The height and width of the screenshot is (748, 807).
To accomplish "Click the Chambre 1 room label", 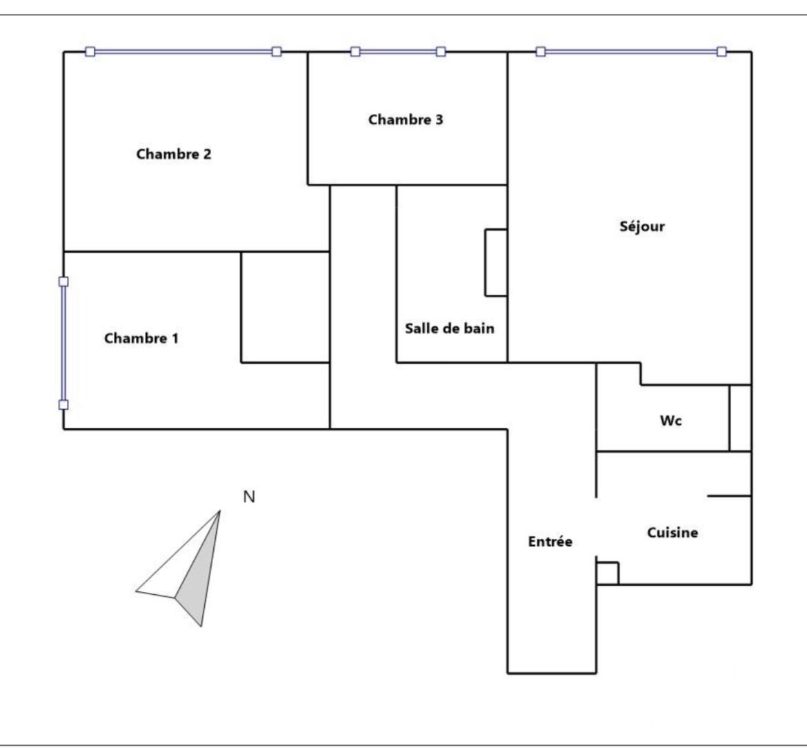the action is pos(141,338).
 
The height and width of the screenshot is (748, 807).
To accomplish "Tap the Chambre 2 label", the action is pos(173,154).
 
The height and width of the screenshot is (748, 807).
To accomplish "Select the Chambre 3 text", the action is pos(406,119).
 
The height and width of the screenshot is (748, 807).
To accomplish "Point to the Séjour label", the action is pos(641,226).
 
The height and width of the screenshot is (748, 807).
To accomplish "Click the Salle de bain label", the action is pos(449,328).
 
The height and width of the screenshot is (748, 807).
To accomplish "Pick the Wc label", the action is pos(670,421).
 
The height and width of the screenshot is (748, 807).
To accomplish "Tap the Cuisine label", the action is pos(672,532).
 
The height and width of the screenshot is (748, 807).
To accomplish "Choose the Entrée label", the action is pos(550,541).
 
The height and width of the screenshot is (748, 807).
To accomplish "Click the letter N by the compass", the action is pos(249,497).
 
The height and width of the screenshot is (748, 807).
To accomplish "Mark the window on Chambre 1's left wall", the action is pos(63,343).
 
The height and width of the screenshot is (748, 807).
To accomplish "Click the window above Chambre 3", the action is pos(398,52).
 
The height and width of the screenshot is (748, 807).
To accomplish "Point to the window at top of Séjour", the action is pos(631,52).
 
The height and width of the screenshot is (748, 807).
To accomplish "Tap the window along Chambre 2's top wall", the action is pos(183,52).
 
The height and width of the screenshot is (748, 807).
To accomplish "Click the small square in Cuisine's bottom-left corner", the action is pos(607,573).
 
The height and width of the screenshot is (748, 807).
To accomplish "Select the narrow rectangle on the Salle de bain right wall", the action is pos(496,262).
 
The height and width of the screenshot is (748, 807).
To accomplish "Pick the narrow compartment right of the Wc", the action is pos(741,418).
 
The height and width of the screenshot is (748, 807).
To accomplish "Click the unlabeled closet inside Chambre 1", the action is pos(285,307).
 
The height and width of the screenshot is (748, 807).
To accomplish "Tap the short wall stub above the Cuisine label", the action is pos(729,496).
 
